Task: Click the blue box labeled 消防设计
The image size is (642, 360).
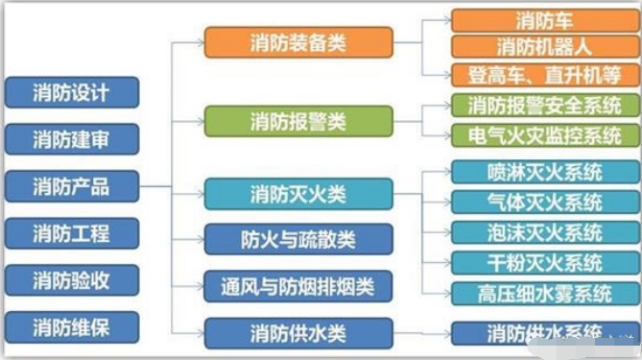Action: (72, 92)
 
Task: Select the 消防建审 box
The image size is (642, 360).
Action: (72, 139)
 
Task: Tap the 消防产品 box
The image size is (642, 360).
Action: (72, 186)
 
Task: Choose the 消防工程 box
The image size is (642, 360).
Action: (72, 233)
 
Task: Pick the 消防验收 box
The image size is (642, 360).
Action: (72, 280)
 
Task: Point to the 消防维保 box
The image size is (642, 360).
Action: (72, 327)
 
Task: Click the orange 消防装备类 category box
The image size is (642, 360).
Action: (298, 42)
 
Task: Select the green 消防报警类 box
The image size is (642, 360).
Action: (298, 121)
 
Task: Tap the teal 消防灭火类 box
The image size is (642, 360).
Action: (298, 194)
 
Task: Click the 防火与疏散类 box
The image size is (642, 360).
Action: (298, 240)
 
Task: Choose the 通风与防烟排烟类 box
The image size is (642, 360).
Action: (298, 286)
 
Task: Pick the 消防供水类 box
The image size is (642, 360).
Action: (298, 333)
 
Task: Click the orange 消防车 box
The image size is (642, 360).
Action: (545, 21)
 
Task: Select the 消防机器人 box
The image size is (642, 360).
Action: (545, 47)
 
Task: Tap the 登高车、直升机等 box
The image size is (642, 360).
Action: (545, 75)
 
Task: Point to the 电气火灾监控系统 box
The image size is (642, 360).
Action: (545, 135)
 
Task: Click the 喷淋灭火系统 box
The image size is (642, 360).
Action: (545, 172)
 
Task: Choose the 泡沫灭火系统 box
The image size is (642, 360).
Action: (545, 232)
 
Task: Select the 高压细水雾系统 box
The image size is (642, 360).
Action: (545, 294)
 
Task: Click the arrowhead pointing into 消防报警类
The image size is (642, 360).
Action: (201, 121)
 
